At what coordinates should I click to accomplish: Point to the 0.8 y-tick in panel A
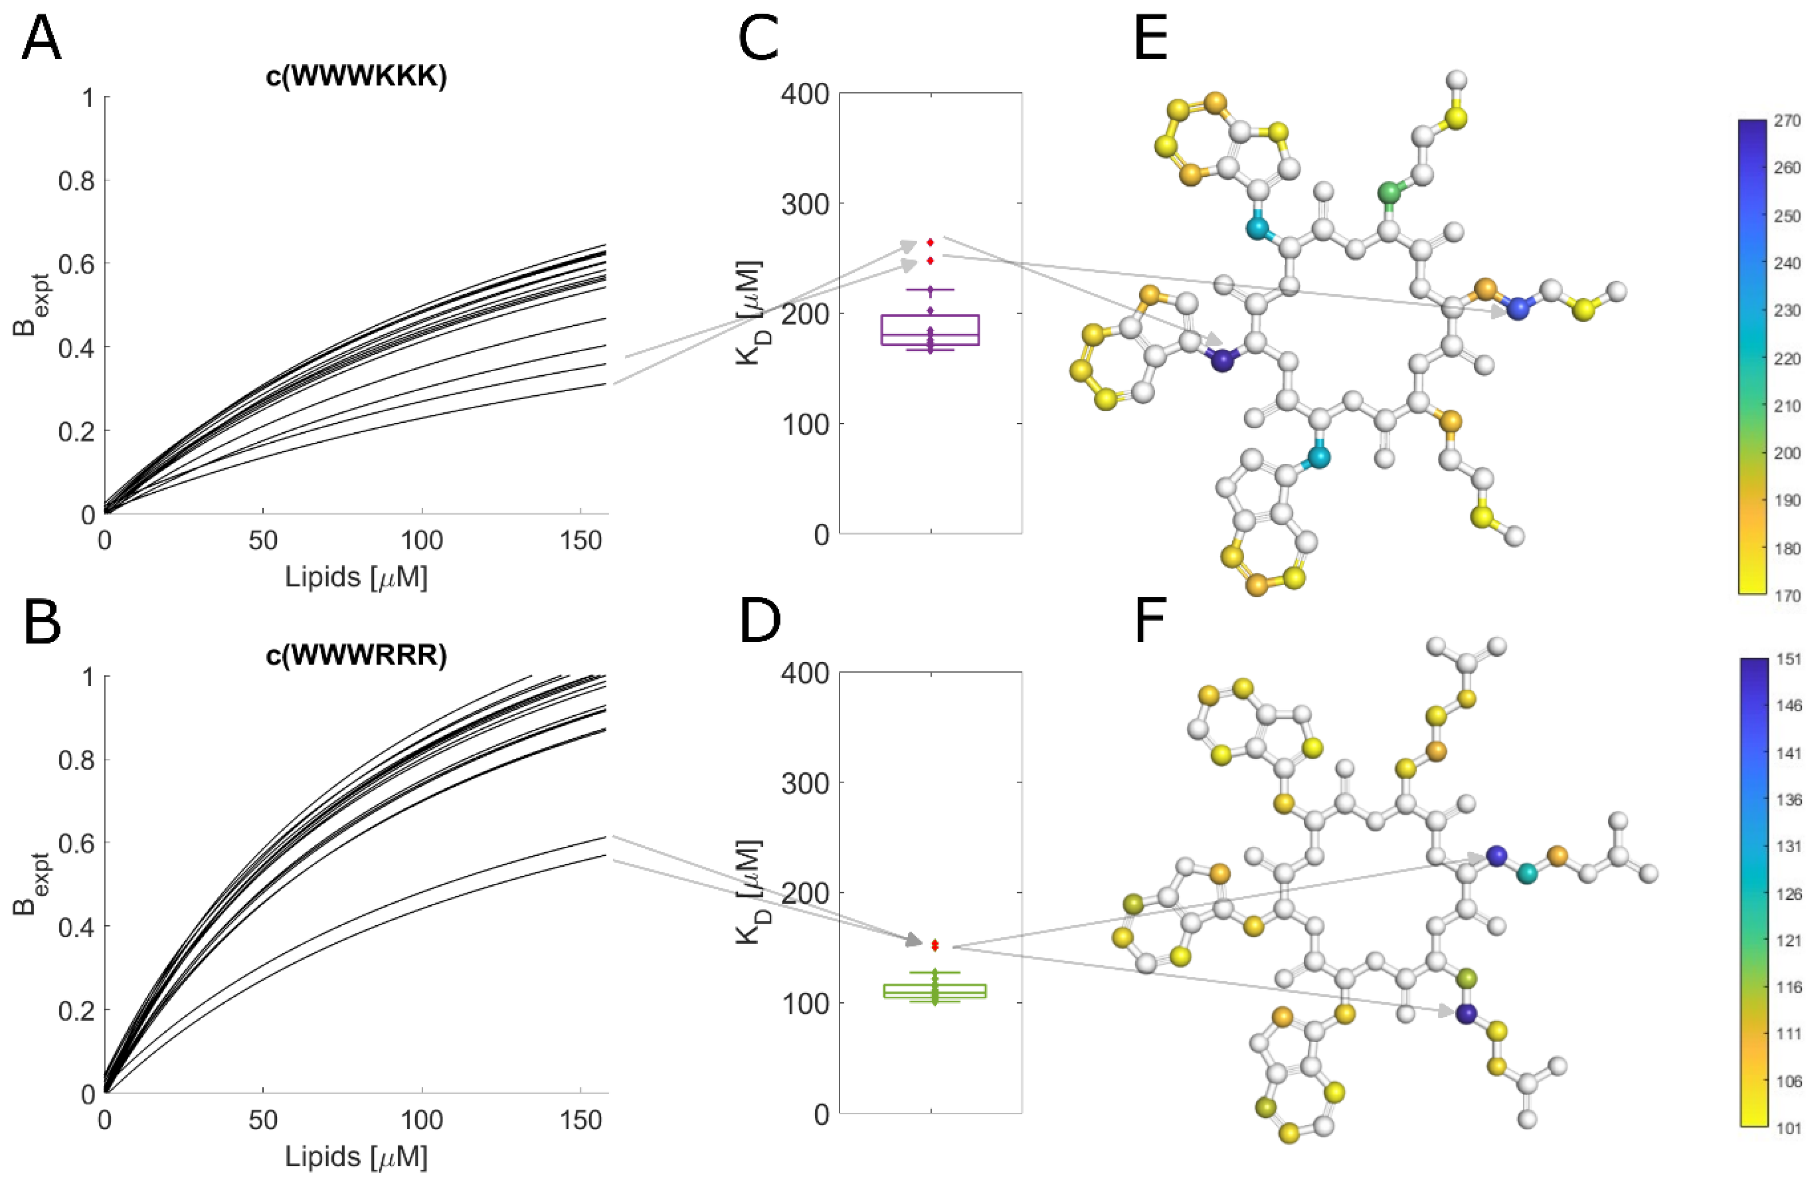coord(76,181)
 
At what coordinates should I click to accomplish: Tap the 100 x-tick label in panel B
coord(422,1120)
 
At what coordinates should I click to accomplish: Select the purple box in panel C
coord(929,329)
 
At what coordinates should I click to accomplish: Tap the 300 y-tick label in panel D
coord(805,783)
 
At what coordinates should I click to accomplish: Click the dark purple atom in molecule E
coord(1222,361)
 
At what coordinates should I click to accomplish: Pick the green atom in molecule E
coord(1390,193)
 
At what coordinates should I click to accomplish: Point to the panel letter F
coord(1150,621)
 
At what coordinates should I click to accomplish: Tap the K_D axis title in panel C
coord(751,312)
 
